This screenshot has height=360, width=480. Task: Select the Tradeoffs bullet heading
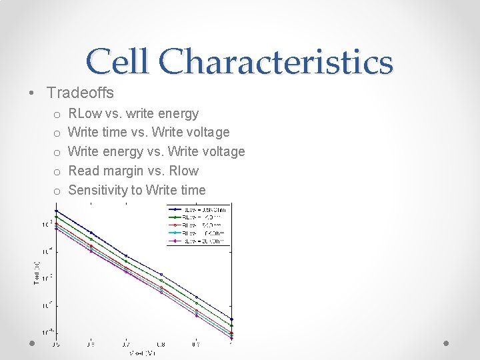[x=80, y=93]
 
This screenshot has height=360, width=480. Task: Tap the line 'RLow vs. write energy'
[x=133, y=114]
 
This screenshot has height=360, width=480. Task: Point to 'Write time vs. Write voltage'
[x=149, y=133]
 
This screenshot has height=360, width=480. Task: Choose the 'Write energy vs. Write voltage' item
[x=157, y=151]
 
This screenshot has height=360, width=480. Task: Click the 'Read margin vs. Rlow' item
[x=133, y=171]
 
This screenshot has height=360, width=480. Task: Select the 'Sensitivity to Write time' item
[x=137, y=190]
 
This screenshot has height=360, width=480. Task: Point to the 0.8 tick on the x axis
[x=161, y=345]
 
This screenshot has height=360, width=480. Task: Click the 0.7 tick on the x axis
[x=126, y=345]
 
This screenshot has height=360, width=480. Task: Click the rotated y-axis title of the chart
[x=37, y=274]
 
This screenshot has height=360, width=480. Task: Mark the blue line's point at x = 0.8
[x=161, y=275]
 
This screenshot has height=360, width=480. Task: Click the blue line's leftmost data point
[x=56, y=211]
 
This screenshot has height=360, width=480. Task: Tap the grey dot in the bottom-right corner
[x=446, y=343]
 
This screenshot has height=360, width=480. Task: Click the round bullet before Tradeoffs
[x=32, y=93]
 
